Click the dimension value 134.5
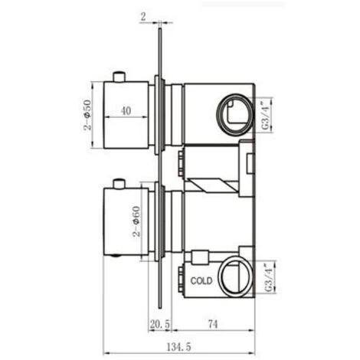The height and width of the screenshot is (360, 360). pos(178,347)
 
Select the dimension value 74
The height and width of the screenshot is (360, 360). pos(213,324)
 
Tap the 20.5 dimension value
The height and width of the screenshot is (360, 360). pos(159,324)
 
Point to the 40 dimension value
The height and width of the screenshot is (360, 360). pos(126,111)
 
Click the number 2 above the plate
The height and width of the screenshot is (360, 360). pos(143,17)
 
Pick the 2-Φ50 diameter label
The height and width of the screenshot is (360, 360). pos(87,115)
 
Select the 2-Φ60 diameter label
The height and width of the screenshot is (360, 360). pos(137,221)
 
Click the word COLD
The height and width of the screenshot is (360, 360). pos(201,281)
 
